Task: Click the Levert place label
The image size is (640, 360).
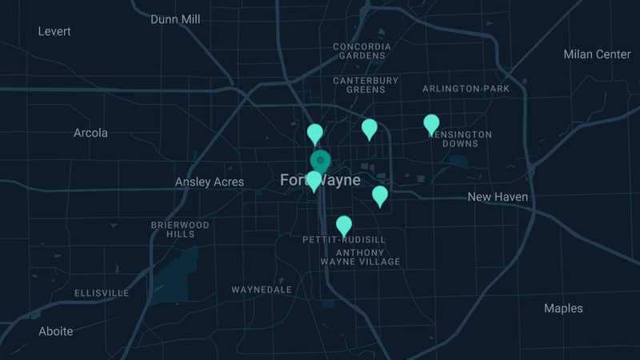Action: point(54,31)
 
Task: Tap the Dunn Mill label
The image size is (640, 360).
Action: point(175,19)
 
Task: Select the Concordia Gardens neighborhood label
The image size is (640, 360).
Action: point(362,51)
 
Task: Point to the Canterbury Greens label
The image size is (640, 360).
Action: point(366,85)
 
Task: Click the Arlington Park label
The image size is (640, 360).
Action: point(466,89)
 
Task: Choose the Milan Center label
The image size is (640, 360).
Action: point(597,54)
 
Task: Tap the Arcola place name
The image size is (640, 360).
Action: point(90,133)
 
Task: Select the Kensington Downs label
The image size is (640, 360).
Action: point(460,138)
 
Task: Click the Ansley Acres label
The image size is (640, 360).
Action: point(210,182)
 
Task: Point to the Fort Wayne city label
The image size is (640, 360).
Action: point(320,181)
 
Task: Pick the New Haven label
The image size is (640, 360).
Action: point(498,197)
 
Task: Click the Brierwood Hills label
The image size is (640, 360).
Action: point(180,230)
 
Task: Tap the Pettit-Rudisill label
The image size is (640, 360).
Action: point(344,240)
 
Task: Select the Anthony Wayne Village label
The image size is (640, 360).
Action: point(360,257)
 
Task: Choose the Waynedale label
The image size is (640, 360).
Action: point(262,290)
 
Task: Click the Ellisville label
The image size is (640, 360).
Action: point(102,294)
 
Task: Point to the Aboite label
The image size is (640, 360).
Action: point(56,331)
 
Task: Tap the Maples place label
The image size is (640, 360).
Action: point(563,309)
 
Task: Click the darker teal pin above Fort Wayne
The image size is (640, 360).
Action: point(320,161)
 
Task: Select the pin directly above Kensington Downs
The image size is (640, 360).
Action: point(431,124)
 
